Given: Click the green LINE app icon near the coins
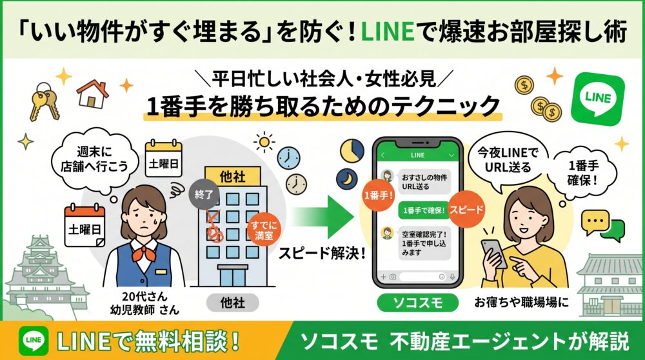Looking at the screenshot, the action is (x=598, y=99).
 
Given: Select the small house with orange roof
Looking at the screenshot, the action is (x=92, y=94).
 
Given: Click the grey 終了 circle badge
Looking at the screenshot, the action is (x=204, y=194).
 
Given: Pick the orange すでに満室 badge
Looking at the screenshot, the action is (x=264, y=230).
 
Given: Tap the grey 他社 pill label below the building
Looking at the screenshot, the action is (x=232, y=303).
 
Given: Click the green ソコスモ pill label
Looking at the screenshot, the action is (x=417, y=303).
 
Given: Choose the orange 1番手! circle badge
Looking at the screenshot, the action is (x=378, y=195).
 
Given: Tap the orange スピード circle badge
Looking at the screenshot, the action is (x=466, y=210).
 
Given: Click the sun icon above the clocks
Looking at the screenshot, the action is (x=264, y=143).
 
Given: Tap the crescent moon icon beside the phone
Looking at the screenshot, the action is (x=348, y=179).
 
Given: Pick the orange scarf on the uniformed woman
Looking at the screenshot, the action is (x=144, y=252).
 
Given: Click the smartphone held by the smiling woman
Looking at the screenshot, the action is (x=493, y=253).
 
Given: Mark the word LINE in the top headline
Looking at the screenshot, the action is (x=388, y=32).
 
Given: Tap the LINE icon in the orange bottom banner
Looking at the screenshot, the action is (x=34, y=341).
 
